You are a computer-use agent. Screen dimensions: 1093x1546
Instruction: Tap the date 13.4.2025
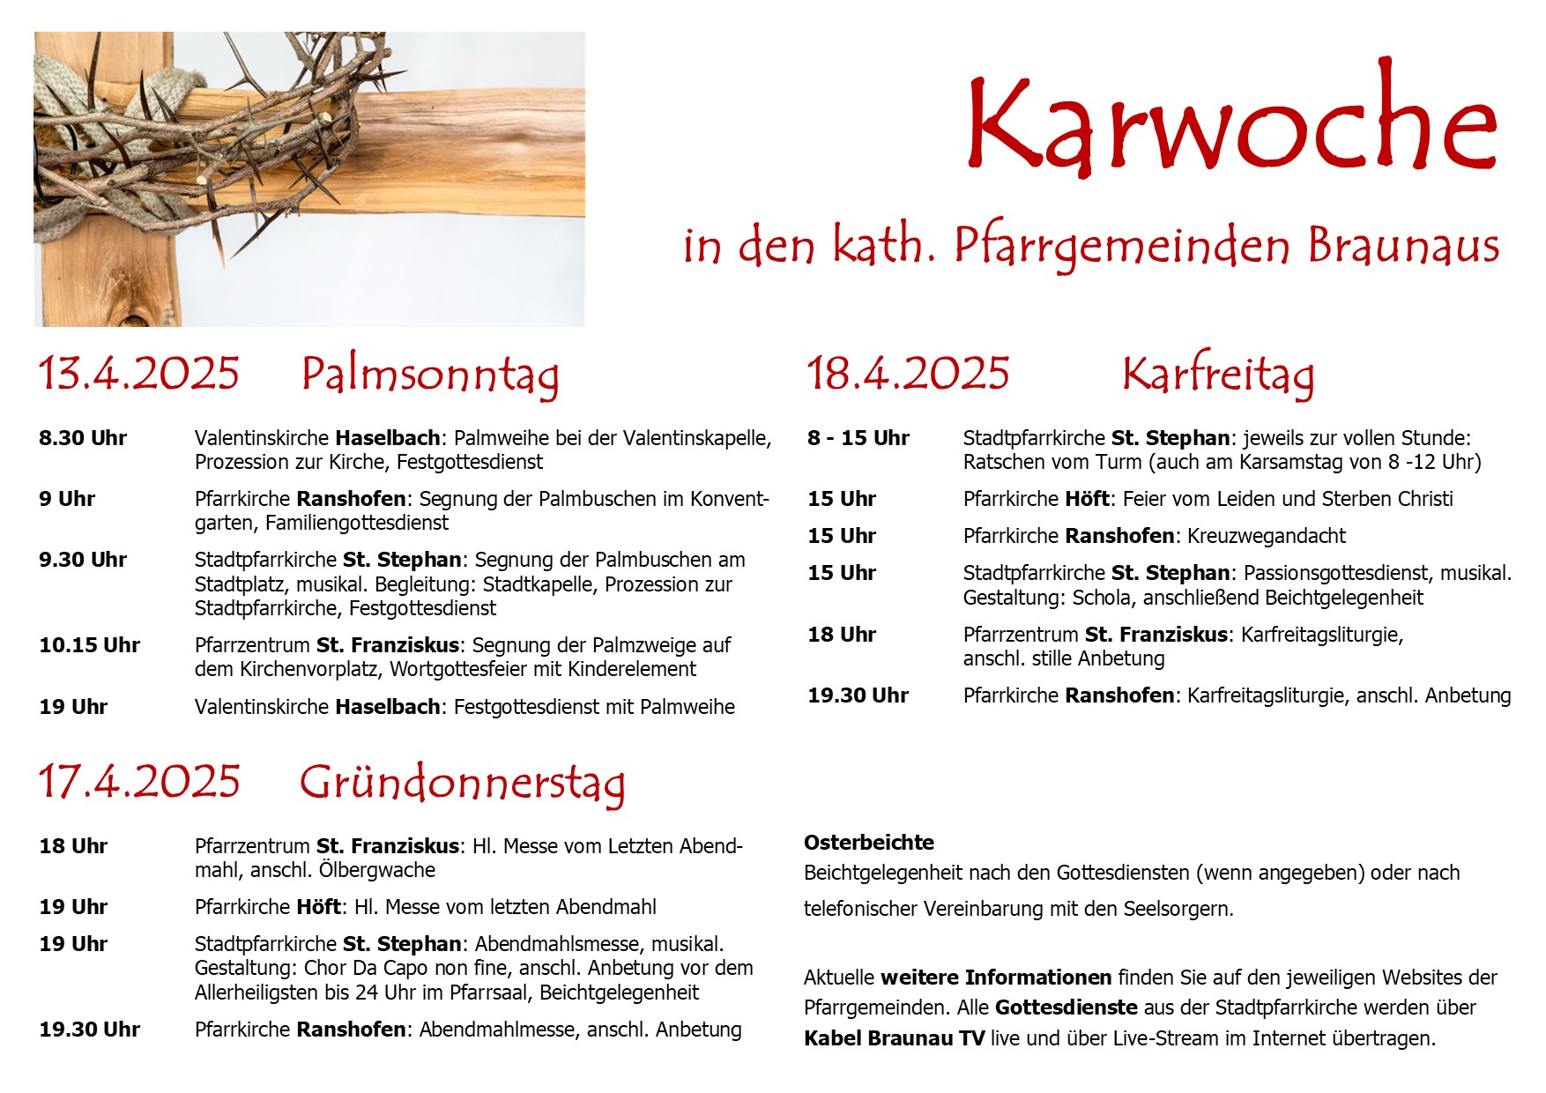point(138,373)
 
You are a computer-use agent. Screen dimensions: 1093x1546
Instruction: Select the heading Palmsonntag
point(429,375)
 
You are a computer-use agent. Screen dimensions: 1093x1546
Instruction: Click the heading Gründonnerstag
point(462,783)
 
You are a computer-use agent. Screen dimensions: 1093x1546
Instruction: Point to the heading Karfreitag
point(1217,375)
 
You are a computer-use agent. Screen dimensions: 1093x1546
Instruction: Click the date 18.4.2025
point(908,373)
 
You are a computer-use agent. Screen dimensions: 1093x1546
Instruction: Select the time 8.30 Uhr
point(83,438)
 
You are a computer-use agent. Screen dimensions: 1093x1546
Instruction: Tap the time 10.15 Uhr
point(89,645)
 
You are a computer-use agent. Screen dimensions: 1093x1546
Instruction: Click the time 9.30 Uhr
point(83,560)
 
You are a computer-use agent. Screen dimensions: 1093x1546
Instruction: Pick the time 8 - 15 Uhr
point(858,438)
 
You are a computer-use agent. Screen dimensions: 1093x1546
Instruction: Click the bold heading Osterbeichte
point(868,843)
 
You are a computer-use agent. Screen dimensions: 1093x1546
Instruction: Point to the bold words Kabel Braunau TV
point(894,1038)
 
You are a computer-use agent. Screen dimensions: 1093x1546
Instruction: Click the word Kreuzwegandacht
point(1267,536)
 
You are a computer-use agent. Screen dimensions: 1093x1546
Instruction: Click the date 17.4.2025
point(138,782)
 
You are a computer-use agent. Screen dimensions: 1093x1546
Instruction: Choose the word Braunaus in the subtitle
point(1403,246)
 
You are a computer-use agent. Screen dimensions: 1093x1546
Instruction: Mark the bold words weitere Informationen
point(996,978)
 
